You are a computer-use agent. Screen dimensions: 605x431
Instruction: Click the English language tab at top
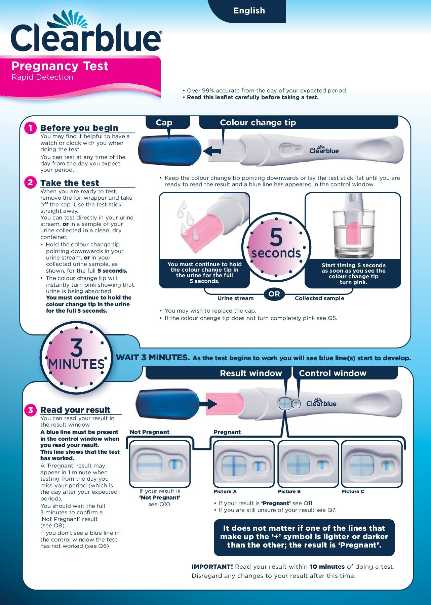coord(249,11)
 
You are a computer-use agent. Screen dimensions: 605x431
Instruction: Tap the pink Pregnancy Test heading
coord(60,66)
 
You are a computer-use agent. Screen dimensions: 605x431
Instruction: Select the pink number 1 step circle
coord(30,128)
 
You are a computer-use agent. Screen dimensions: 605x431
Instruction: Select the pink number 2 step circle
coord(30,183)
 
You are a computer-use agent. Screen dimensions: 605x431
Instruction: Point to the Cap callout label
coord(164,123)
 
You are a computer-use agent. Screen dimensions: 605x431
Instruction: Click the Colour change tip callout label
coord(258,123)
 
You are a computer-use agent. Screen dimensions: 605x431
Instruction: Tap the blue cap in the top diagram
coord(169,150)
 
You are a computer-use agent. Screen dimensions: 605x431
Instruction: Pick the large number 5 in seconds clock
coord(276,237)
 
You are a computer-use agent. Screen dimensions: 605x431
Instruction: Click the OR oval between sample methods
coord(274,294)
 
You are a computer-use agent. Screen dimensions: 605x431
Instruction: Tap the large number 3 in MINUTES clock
coord(76,348)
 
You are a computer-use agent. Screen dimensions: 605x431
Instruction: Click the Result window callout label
coord(251,373)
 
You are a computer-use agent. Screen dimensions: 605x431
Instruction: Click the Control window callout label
coord(332,373)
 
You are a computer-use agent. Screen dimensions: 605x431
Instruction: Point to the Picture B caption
coord(289,491)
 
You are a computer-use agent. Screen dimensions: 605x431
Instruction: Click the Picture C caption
coord(353,491)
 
